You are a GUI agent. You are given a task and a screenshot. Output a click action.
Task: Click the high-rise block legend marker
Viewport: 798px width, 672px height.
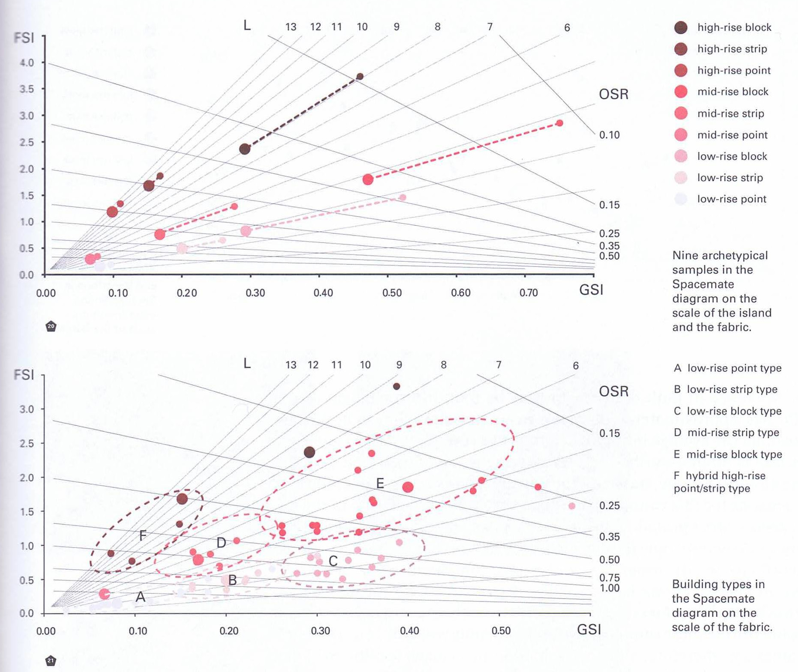pos(681,27)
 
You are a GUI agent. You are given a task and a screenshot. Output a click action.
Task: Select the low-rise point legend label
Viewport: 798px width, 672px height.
pos(732,199)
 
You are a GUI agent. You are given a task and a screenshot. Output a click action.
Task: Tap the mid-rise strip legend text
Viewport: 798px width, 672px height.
pos(730,113)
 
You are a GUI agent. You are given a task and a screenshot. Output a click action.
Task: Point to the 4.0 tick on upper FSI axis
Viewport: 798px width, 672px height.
pos(27,63)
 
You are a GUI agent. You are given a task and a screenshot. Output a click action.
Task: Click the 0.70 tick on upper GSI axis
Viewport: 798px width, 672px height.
pos(528,293)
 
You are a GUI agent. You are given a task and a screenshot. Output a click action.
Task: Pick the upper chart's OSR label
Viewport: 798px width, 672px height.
pos(613,94)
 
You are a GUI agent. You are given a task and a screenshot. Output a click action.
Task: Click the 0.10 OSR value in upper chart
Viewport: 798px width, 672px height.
pos(609,135)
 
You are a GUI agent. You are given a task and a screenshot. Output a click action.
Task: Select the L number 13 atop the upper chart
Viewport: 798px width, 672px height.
pos(291,27)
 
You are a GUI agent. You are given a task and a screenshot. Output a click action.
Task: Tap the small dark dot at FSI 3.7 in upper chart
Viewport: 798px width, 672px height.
pos(360,77)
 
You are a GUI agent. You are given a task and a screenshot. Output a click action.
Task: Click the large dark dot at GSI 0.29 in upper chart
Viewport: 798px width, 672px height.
pos(245,149)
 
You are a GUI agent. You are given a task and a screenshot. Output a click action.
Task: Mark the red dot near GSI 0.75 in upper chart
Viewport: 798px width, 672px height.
pos(559,123)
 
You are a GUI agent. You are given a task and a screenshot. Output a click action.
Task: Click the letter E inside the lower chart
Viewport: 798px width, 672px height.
pos(380,484)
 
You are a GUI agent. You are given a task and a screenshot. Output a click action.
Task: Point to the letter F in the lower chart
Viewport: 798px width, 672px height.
pos(143,535)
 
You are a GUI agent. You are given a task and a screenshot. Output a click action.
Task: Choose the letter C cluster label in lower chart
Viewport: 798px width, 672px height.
pos(333,561)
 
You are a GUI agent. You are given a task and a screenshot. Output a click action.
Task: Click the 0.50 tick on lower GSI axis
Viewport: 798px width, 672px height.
pos(501,631)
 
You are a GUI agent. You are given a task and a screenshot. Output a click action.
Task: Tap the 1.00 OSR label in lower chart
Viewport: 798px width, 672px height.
pos(609,588)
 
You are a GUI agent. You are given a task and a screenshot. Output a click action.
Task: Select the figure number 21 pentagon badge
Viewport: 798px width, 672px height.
pos(51,660)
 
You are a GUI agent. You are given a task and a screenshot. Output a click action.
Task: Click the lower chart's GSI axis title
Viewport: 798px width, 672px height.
pos(589,630)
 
